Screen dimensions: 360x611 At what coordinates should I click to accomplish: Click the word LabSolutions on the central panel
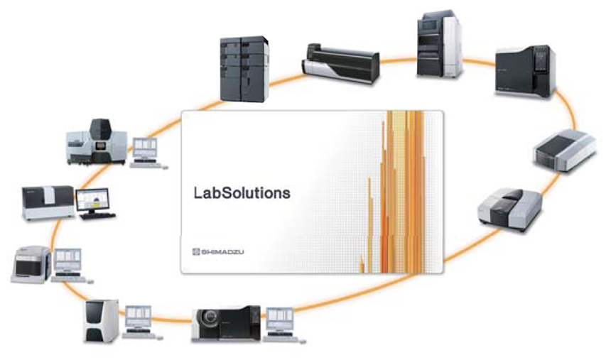coord(242,192)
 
